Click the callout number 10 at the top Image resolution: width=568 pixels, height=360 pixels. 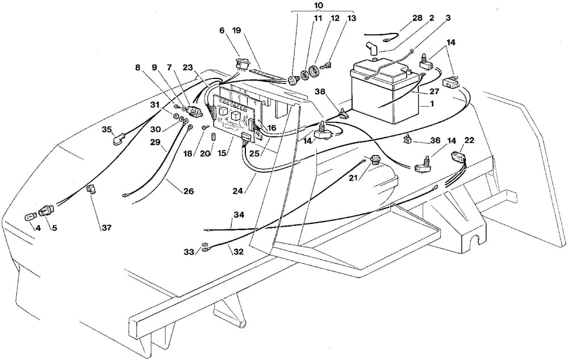(x=318, y=5)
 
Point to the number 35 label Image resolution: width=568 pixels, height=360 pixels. (x=106, y=129)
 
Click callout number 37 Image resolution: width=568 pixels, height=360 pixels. (x=107, y=228)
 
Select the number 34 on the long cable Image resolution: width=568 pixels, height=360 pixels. (x=239, y=215)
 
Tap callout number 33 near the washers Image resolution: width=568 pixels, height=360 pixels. (x=188, y=252)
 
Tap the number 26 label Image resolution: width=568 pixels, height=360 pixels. (x=188, y=191)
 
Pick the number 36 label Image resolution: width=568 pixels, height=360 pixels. (x=435, y=141)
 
